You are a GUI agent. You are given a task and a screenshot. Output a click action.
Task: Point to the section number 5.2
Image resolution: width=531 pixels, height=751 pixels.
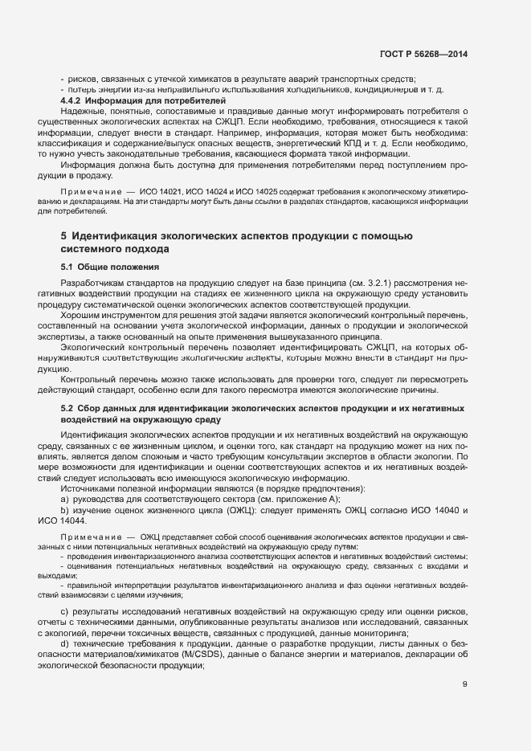pyautogui.click(x=67, y=410)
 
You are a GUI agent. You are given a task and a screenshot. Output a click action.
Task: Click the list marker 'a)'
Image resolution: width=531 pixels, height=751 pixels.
pyautogui.click(x=64, y=500)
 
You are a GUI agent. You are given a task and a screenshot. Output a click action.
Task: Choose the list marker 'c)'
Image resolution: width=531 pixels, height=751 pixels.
pyautogui.click(x=64, y=614)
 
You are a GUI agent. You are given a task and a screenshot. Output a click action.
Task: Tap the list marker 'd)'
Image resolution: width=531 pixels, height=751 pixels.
pyautogui.click(x=64, y=646)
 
